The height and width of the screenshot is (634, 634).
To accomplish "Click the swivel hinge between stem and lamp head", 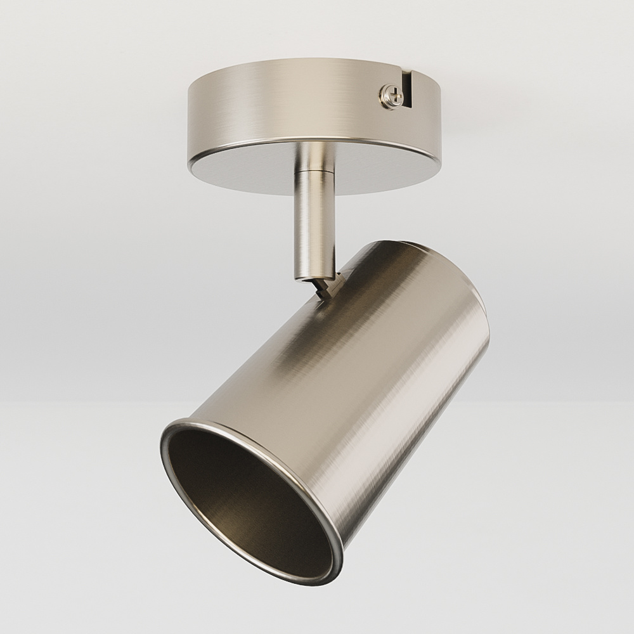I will [327, 285].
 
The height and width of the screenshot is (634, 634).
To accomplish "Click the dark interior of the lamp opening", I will [241, 495].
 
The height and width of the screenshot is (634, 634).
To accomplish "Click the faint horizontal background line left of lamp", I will [76, 401].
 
